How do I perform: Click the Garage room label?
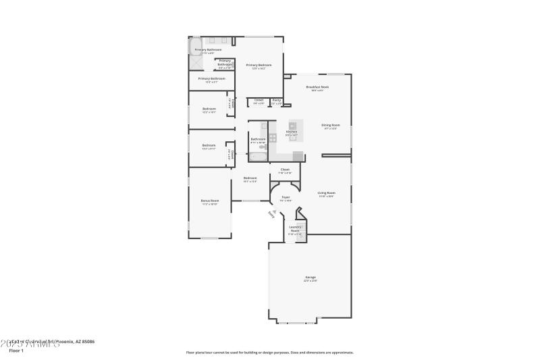310,277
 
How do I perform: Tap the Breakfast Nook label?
317,87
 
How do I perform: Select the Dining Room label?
329,125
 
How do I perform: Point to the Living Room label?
327,193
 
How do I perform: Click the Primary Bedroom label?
259,65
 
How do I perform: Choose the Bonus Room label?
210,201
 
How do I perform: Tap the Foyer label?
286,197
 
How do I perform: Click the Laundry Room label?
296,228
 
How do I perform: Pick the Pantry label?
277,100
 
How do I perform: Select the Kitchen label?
292,131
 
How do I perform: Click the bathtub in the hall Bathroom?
259,156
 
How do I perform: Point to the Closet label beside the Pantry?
259,100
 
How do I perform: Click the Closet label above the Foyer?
285,170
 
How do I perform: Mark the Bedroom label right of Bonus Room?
250,178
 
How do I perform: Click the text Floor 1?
16,351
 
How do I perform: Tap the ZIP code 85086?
86,342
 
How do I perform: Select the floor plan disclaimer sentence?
269,352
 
